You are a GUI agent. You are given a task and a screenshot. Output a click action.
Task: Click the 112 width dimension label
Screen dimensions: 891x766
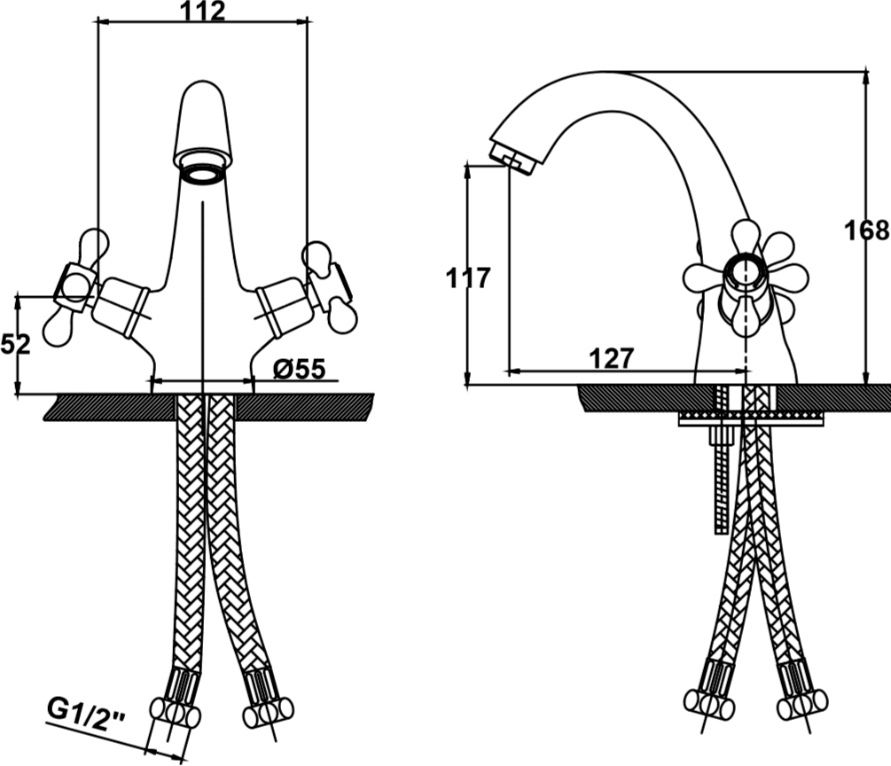point(203,12)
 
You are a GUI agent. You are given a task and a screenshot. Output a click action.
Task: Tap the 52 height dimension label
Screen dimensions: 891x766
point(15,344)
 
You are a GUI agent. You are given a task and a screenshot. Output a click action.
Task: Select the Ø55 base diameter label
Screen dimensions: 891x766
point(300,370)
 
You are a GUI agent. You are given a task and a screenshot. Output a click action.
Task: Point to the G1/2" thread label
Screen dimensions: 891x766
point(86,710)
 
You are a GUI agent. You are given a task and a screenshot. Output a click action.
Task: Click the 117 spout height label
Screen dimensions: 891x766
point(467,278)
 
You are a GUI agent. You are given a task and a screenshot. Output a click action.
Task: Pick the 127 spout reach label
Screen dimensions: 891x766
point(611,358)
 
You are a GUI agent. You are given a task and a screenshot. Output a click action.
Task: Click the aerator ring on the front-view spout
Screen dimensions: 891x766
point(203,172)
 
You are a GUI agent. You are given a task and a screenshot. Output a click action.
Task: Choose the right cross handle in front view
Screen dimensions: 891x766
point(328,287)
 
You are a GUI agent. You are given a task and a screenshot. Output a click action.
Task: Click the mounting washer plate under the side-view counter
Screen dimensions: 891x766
point(751,419)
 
